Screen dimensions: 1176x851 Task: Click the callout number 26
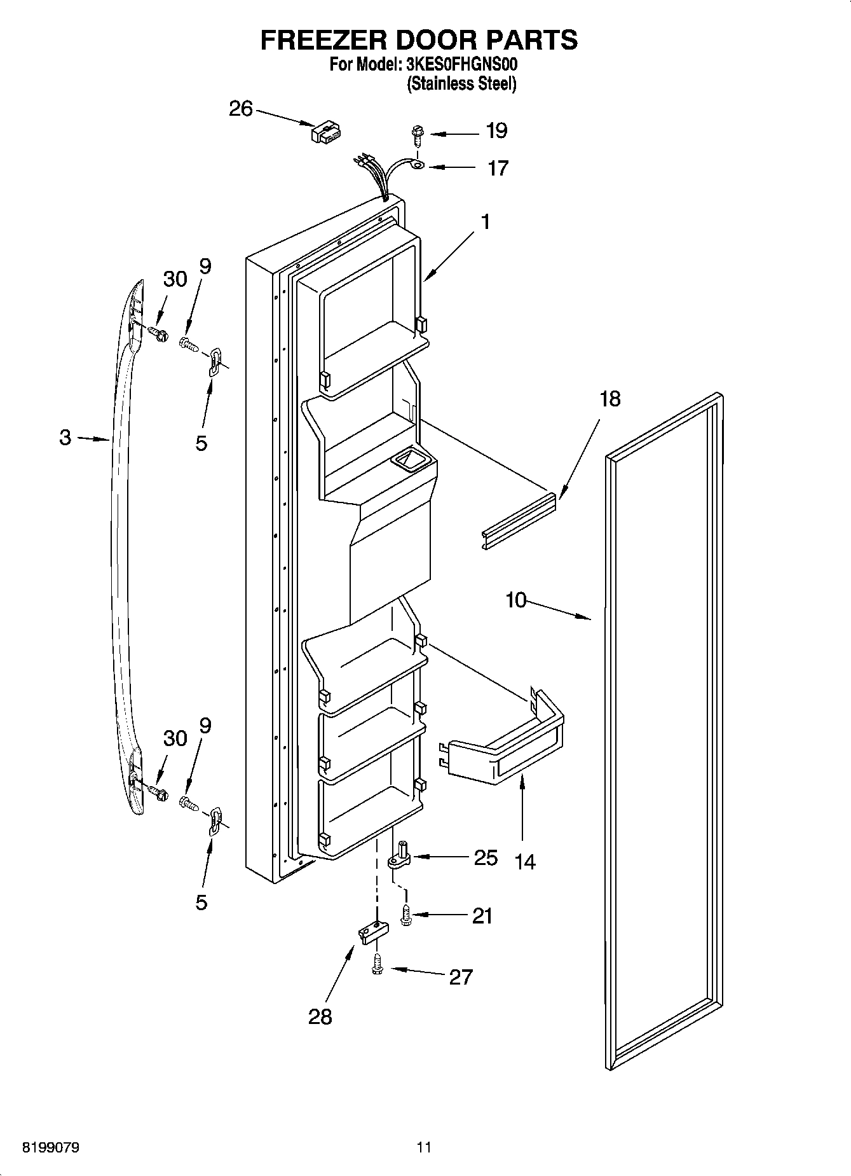coord(241,109)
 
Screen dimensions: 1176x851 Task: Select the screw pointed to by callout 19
coord(417,135)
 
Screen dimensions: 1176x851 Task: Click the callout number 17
coord(498,168)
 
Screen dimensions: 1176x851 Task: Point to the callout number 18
coord(609,399)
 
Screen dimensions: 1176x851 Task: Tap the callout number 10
coord(516,599)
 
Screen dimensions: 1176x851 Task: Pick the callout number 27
coord(461,976)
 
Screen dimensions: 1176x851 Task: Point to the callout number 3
coord(65,438)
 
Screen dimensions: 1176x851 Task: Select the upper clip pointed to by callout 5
coord(215,361)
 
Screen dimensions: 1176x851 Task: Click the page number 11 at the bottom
coord(424,1147)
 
